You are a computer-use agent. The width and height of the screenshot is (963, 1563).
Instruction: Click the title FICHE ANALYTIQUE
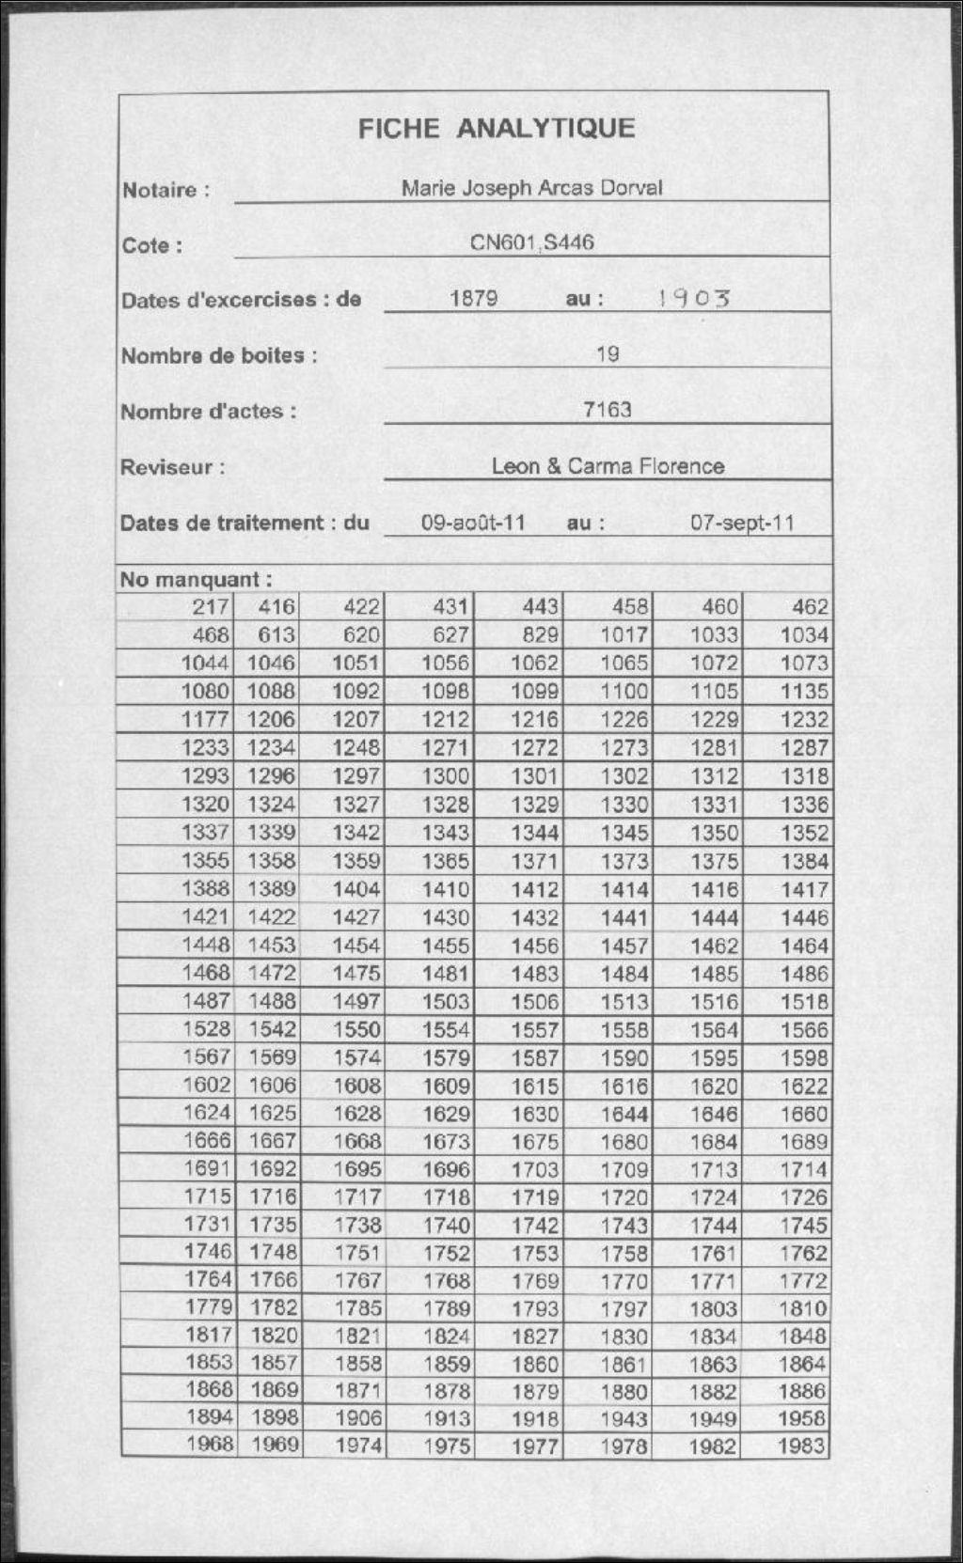[496, 128]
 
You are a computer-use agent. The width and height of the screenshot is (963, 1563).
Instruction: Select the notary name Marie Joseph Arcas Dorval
[531, 187]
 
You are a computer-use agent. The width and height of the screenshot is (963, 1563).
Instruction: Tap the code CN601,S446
[531, 242]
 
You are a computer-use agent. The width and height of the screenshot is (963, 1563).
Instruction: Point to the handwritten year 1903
[694, 299]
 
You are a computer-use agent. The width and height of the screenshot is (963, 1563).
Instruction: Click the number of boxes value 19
[608, 354]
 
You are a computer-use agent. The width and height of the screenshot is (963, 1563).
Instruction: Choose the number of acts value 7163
[608, 410]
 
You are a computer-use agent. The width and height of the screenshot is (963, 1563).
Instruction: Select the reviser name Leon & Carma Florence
[608, 466]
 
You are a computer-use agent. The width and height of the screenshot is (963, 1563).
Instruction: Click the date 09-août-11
[473, 523]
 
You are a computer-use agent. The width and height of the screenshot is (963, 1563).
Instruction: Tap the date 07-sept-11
[742, 523]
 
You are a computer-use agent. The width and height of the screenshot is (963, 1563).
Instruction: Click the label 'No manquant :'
[196, 579]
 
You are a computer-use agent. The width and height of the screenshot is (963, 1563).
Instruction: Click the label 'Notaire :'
[166, 190]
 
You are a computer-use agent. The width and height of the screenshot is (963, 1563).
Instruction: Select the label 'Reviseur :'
[173, 467]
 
